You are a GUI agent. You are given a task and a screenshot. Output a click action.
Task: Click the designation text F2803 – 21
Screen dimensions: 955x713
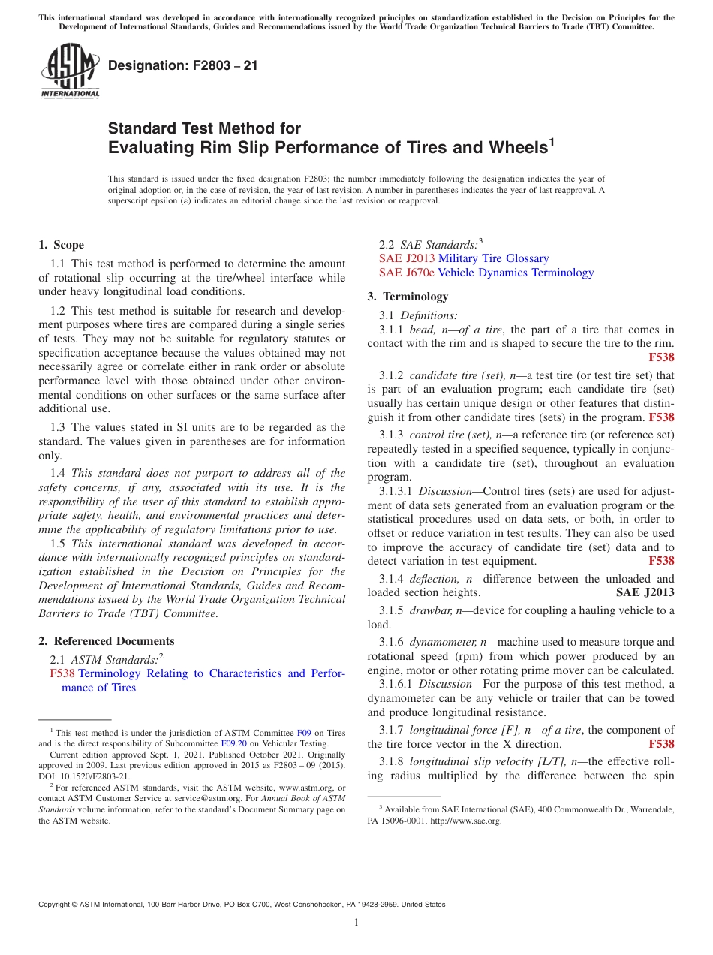(x=183, y=65)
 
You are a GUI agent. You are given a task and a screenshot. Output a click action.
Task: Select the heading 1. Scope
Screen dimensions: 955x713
(x=61, y=245)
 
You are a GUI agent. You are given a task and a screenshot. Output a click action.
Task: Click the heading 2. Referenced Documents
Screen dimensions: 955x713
(x=106, y=641)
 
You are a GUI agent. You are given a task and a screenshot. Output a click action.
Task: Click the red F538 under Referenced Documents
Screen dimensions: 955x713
(x=62, y=673)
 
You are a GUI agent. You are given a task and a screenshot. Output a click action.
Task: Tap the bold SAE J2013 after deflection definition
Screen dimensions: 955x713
(x=645, y=592)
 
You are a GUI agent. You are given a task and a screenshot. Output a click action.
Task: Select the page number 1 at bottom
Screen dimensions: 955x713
(x=356, y=923)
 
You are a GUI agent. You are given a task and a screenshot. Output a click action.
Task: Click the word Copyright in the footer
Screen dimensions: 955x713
(x=57, y=905)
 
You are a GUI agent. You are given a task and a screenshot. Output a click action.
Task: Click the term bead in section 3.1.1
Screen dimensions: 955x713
(x=422, y=330)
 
